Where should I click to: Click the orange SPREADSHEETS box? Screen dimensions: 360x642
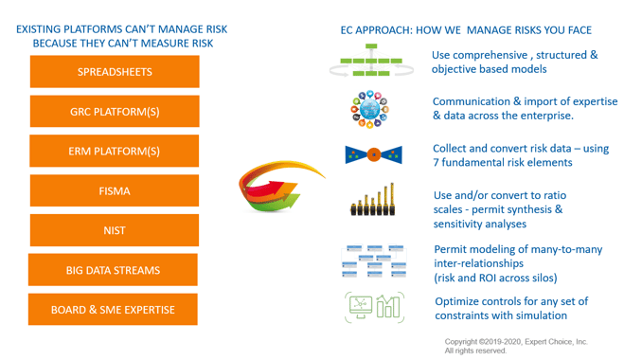115,72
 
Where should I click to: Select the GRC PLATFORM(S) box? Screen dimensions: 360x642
115,112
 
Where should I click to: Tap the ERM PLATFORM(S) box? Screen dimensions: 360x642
115,152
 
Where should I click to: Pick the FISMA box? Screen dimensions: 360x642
115,190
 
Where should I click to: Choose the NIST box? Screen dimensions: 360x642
115,230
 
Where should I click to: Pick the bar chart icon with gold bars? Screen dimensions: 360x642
373,201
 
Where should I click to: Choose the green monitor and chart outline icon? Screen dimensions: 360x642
373,308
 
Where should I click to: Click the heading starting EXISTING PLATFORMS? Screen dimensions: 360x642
121,36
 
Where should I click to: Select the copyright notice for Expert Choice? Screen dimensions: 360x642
516,346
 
